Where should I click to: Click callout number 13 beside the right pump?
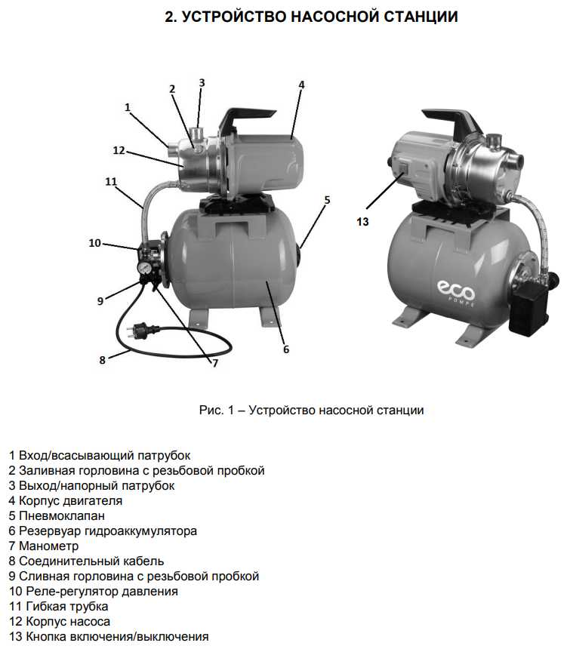pos(363,221)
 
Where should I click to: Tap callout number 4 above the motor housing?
pos(301,85)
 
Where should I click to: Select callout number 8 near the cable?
pos(103,360)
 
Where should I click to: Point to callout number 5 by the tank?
pos(327,200)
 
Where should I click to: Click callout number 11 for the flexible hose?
pos(111,182)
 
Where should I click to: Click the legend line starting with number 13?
pos(108,636)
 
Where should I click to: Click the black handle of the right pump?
pos(451,118)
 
